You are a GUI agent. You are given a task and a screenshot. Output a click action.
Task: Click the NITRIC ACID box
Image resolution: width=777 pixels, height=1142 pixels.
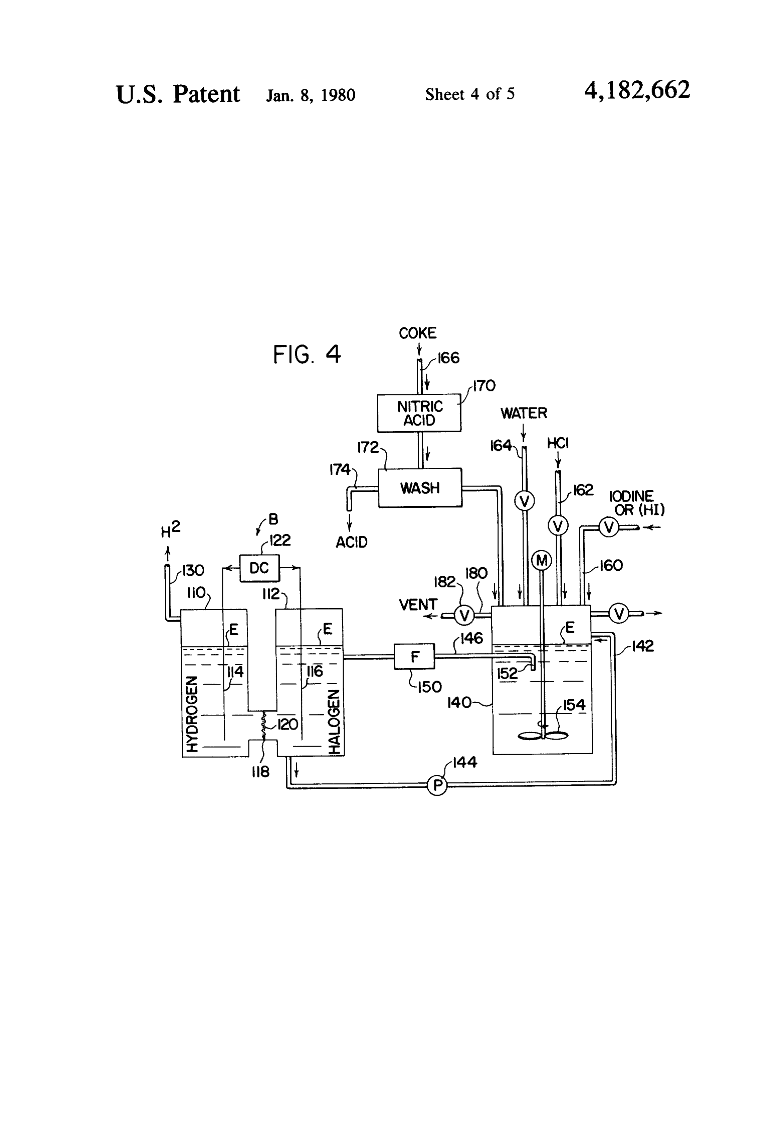[419, 413]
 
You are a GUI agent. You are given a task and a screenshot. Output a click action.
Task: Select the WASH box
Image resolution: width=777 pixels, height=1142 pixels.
[420, 488]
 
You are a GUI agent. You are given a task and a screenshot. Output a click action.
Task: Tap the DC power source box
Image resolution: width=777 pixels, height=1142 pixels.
[259, 568]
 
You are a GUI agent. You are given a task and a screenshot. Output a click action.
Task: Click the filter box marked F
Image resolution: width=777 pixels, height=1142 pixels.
[415, 656]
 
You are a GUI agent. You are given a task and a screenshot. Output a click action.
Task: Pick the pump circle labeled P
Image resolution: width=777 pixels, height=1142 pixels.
[437, 785]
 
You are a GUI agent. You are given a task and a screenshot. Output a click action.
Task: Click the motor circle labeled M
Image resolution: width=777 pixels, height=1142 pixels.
[542, 560]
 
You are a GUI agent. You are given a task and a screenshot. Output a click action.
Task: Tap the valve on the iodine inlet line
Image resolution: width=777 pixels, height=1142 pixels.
[609, 527]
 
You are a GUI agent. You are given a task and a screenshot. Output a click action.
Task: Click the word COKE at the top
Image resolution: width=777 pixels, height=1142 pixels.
[418, 333]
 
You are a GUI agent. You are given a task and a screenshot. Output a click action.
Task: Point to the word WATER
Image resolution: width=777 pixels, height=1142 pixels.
[523, 413]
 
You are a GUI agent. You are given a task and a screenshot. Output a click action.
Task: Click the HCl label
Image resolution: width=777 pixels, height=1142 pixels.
[558, 443]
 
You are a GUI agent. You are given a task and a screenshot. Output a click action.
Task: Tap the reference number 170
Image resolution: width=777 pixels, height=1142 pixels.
[484, 386]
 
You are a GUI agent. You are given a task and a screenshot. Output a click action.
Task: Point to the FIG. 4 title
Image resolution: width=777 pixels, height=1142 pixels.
[307, 354]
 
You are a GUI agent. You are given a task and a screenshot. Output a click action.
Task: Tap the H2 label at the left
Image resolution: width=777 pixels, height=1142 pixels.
[170, 529]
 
